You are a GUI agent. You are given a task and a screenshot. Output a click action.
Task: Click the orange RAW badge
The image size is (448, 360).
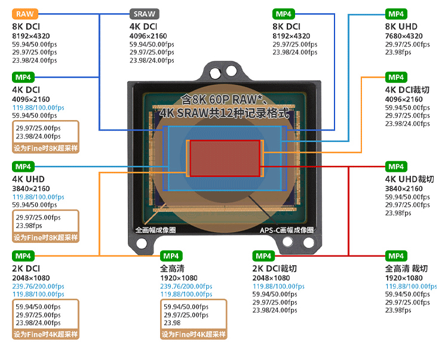click(24, 14)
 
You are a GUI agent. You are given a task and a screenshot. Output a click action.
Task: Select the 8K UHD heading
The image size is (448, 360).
click(401, 27)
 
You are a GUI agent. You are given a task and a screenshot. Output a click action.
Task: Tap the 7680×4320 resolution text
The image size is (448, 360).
click(404, 36)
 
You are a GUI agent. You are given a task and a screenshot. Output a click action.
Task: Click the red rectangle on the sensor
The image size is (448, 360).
click(225, 158)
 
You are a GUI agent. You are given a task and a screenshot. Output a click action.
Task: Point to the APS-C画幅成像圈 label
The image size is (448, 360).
click(286, 230)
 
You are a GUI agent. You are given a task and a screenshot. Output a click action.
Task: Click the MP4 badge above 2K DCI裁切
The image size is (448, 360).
click(263, 256)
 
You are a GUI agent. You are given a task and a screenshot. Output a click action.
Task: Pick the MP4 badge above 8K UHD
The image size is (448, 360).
click(396, 14)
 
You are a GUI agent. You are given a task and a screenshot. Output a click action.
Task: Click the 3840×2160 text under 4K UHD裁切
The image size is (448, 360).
click(404, 189)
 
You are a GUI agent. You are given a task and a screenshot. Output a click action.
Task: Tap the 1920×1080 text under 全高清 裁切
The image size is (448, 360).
click(403, 278)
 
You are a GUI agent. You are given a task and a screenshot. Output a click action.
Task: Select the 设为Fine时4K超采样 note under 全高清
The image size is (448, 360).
click(194, 334)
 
